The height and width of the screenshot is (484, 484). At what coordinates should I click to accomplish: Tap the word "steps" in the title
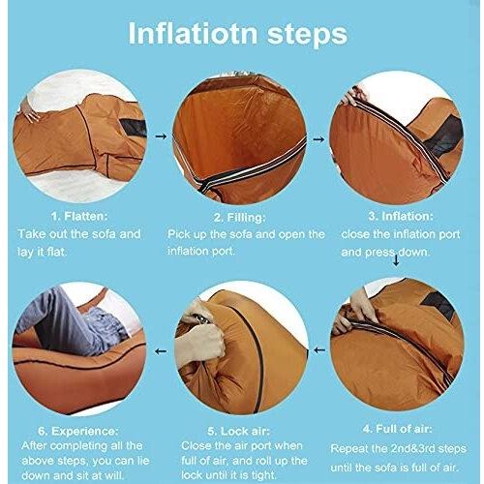[308, 35]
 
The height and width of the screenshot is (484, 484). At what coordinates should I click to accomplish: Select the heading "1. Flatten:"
[79, 216]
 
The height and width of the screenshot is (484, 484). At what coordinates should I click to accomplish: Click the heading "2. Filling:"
[239, 218]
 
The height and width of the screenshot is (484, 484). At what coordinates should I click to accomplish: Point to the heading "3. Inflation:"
[401, 216]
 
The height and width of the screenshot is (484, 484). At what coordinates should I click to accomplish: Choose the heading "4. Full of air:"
[397, 429]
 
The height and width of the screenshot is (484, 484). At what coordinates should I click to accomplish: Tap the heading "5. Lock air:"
[238, 431]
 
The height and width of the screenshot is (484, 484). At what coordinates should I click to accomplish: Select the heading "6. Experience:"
[78, 431]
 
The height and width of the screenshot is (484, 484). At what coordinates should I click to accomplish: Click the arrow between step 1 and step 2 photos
[161, 136]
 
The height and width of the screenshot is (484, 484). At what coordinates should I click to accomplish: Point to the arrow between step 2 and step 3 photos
[318, 139]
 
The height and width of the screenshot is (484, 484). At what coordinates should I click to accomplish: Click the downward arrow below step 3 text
[396, 258]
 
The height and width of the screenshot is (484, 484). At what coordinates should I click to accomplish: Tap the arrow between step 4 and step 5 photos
[319, 350]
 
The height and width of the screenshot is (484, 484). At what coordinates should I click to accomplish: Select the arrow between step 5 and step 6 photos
[161, 351]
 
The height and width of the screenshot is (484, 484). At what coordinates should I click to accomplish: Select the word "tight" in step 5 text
[263, 475]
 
